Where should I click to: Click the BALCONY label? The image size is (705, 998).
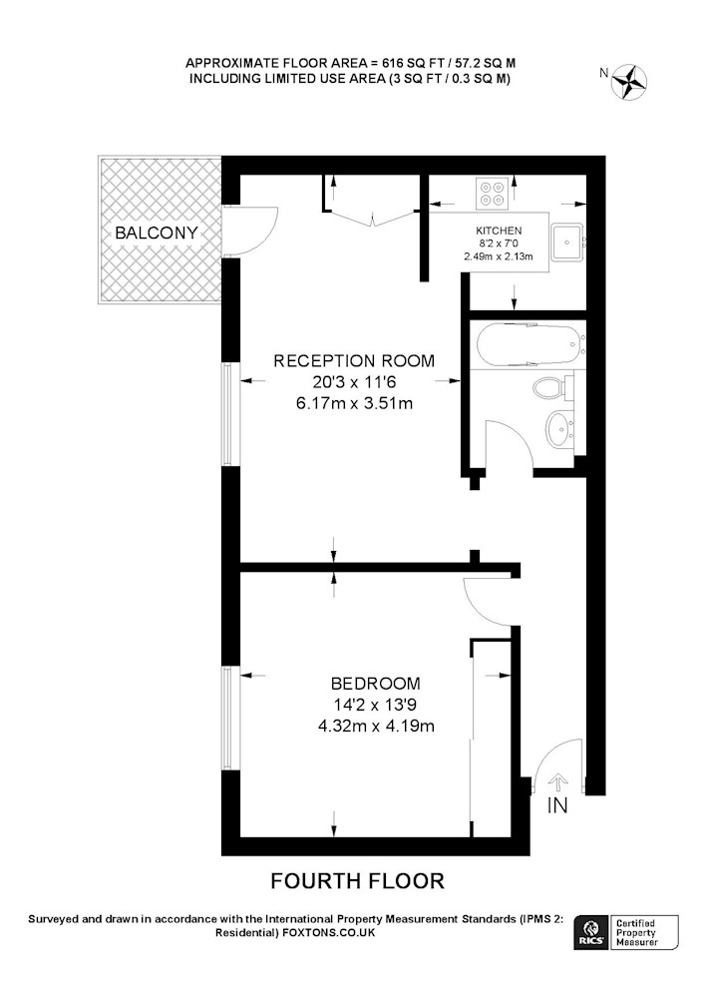157,233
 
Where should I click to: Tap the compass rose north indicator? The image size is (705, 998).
629,82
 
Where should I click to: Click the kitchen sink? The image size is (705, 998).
567,242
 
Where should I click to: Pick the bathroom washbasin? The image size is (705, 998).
560,429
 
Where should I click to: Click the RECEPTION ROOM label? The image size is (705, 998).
354,361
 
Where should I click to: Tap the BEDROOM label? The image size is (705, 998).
376,684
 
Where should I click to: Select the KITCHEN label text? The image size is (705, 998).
499,231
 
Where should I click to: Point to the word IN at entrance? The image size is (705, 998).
557,805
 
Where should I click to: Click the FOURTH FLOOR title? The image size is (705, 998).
357,881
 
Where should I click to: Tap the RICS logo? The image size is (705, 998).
590,932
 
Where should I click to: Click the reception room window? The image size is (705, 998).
230,414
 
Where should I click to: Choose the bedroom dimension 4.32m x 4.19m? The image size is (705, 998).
376,726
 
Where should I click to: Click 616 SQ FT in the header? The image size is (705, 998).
404,63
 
